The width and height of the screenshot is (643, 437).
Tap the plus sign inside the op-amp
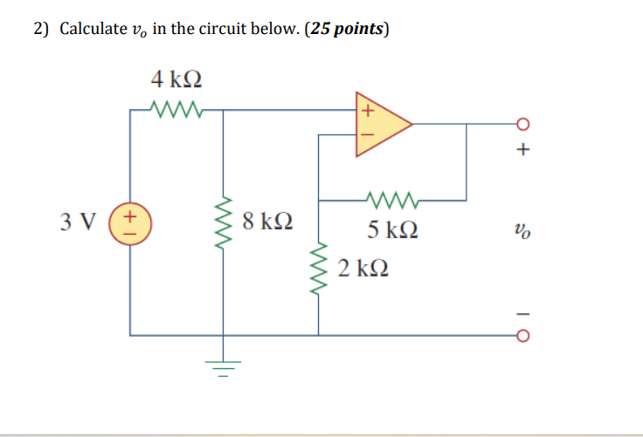tap(368, 111)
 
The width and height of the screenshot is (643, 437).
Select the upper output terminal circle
tap(523, 123)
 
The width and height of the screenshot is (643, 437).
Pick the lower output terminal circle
tap(523, 335)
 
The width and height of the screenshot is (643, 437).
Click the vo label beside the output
tap(522, 230)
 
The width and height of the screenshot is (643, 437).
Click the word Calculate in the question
tap(92, 29)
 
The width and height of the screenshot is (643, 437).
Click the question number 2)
tap(42, 29)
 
